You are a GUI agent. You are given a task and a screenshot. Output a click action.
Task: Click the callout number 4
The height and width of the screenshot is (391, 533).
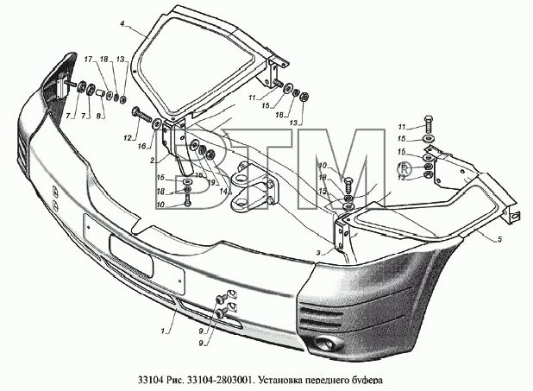pos(122,23)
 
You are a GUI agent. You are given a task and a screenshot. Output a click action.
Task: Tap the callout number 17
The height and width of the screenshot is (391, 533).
pos(88,60)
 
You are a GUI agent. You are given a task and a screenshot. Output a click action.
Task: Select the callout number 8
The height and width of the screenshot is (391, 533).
pos(98,116)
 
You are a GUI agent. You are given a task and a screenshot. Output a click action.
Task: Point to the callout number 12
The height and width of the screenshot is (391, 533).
pos(128,138)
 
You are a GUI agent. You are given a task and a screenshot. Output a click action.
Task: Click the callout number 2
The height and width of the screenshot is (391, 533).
pos(153,160)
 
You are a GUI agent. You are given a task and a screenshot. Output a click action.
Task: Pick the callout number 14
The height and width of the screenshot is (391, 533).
pos(223,192)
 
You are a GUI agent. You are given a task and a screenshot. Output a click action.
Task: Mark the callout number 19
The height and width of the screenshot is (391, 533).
pos(211,183)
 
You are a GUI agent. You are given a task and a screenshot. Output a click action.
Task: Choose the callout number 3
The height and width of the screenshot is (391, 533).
pos(318,253)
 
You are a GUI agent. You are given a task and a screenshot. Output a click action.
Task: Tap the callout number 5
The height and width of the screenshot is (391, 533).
pos(499,240)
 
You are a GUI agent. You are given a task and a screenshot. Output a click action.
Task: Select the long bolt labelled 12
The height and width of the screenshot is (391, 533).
pos(141,116)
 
